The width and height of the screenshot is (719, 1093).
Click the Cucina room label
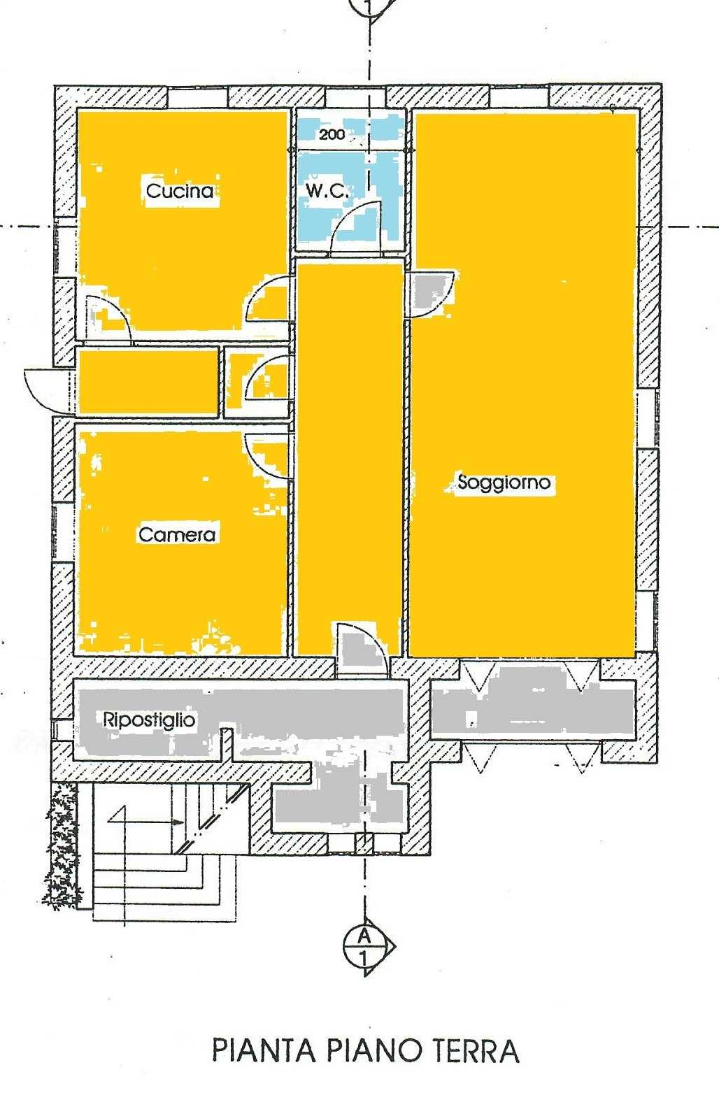(x=180, y=190)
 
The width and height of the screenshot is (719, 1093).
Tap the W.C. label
(x=327, y=191)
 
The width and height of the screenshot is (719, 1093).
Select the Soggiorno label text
(x=504, y=483)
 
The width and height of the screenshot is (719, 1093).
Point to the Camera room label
(x=177, y=534)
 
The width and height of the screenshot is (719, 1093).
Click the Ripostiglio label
(x=149, y=720)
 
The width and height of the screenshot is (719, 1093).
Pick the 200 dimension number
(x=332, y=134)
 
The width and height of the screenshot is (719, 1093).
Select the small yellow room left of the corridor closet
(x=148, y=382)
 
